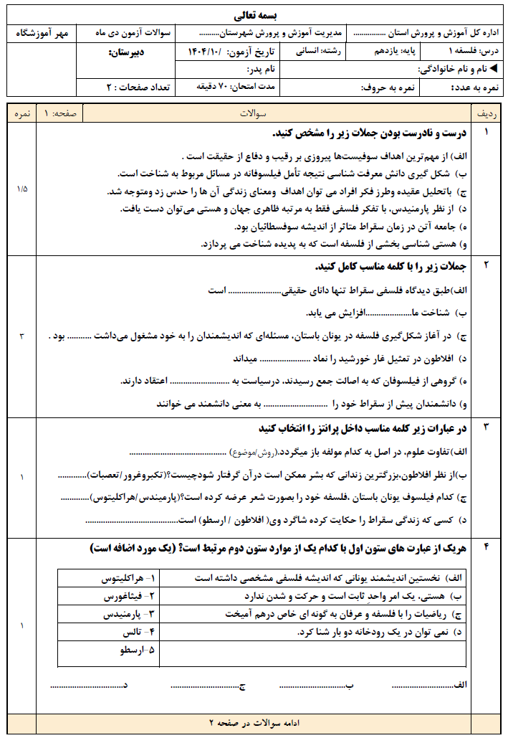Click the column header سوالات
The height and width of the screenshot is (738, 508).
[x=255, y=114]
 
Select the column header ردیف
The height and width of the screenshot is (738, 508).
[x=487, y=114]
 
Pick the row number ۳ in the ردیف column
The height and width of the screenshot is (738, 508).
[x=487, y=428]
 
